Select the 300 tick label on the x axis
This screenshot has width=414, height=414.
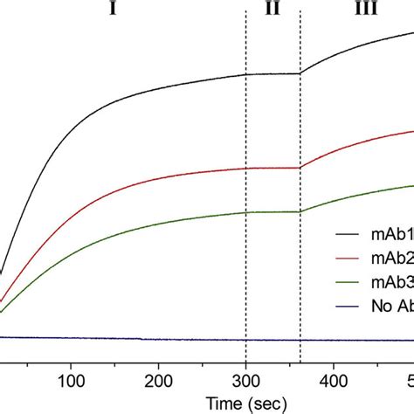[x=246, y=381]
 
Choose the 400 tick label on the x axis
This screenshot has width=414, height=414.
[x=334, y=381]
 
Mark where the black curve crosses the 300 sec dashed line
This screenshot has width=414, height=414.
[x=246, y=74]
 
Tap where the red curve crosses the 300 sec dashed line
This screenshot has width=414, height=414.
[x=246, y=168]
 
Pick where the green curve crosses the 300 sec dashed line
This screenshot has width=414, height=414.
[x=246, y=212]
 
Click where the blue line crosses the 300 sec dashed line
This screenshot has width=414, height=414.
[x=246, y=339]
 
